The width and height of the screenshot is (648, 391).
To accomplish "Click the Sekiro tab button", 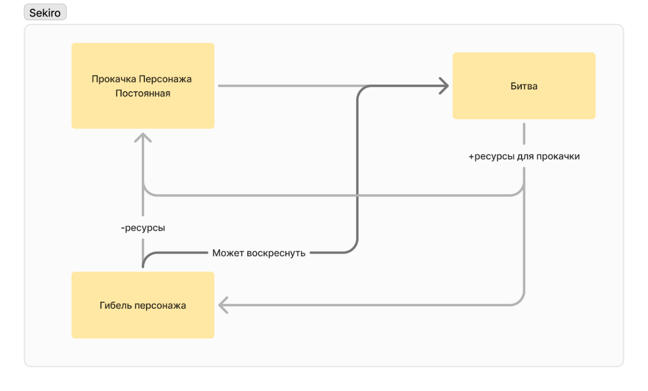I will (45, 13).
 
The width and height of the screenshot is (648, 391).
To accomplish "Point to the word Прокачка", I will (111, 79).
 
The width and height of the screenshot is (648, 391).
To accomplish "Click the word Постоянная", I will (143, 93).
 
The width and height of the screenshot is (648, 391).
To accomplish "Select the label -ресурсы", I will (143, 229).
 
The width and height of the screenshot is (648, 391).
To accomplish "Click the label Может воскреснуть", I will (259, 253).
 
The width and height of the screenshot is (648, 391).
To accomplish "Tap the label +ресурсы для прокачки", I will (524, 157).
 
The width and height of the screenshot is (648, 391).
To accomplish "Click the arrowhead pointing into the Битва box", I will (444, 86).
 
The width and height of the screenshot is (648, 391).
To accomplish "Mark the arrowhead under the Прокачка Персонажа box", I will (143, 138).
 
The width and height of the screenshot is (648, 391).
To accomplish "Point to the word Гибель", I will (116, 306).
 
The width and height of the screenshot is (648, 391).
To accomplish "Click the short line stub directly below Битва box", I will (524, 134).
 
